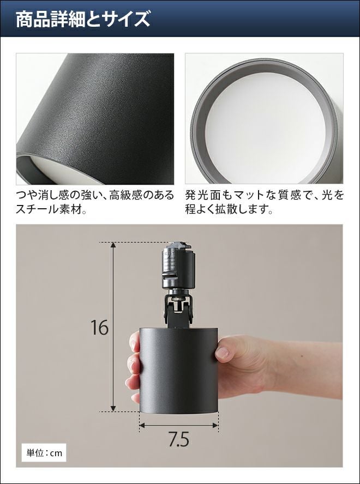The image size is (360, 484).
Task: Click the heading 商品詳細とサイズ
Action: pos(83,19)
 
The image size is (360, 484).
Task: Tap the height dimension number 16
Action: pos(99,328)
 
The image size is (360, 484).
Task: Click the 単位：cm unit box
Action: pos(44,453)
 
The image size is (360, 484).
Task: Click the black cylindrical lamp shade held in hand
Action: pos(179,371)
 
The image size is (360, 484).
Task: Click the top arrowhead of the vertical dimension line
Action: pos(113,245)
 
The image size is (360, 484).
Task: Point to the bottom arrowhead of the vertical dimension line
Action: pos(113,409)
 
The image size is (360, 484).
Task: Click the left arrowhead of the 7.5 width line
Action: pos(142,425)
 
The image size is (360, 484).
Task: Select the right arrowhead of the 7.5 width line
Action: pos(215,425)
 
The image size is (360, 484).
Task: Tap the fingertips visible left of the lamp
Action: pos(133,367)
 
